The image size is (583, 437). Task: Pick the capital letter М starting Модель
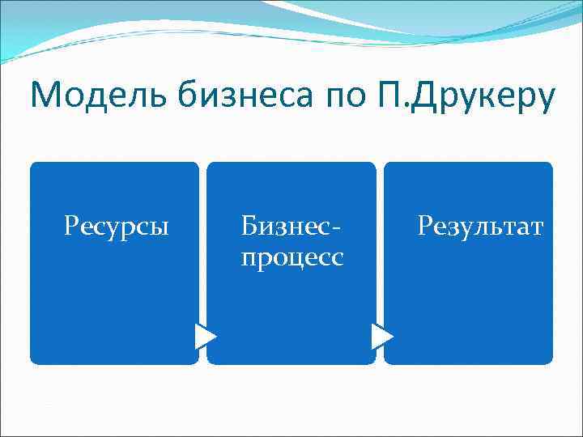coord(44,96)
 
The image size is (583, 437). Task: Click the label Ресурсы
coord(117,226)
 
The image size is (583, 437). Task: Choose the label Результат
coord(481,226)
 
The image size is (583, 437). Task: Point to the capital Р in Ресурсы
coord(70,226)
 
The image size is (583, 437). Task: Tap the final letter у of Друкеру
coord(547,100)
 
